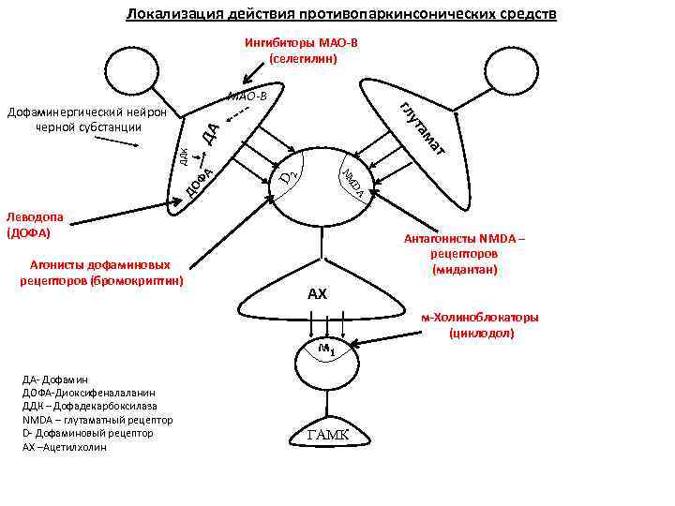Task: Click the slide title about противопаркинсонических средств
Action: (341, 15)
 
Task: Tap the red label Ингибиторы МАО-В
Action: (301, 43)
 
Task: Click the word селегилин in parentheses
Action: (302, 58)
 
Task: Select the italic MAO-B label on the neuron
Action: (247, 96)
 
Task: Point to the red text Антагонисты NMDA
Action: (465, 239)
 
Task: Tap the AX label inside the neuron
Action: (318, 294)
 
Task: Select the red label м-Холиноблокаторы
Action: (480, 318)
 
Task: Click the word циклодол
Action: (480, 333)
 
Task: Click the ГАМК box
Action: (328, 435)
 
